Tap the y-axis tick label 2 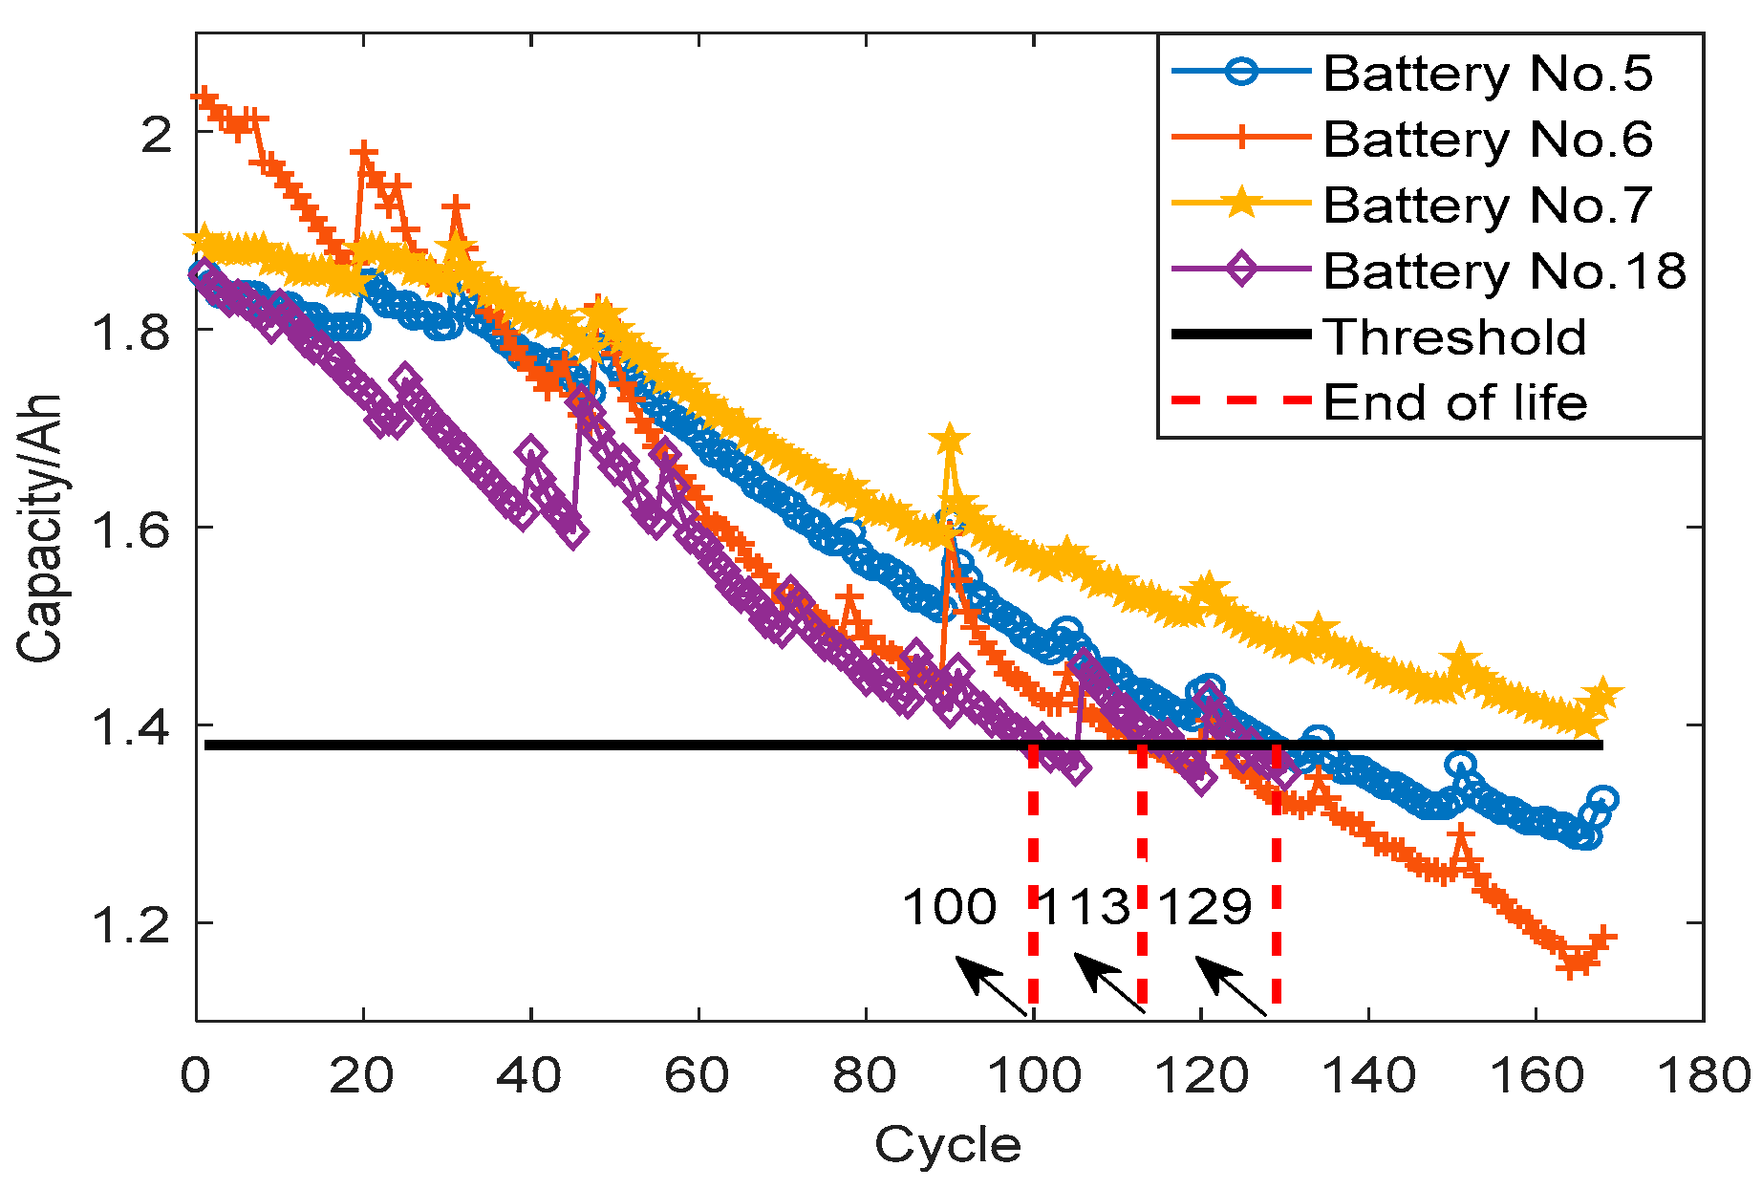coord(156,133)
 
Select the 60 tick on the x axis coord(698,1076)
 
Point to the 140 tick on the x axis coord(1368,1076)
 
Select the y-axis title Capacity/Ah coord(40,527)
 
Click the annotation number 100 coord(949,906)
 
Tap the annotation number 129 coord(1204,906)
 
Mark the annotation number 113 coord(1084,906)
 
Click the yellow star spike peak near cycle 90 coord(949,441)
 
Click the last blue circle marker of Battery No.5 coord(1602,799)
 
